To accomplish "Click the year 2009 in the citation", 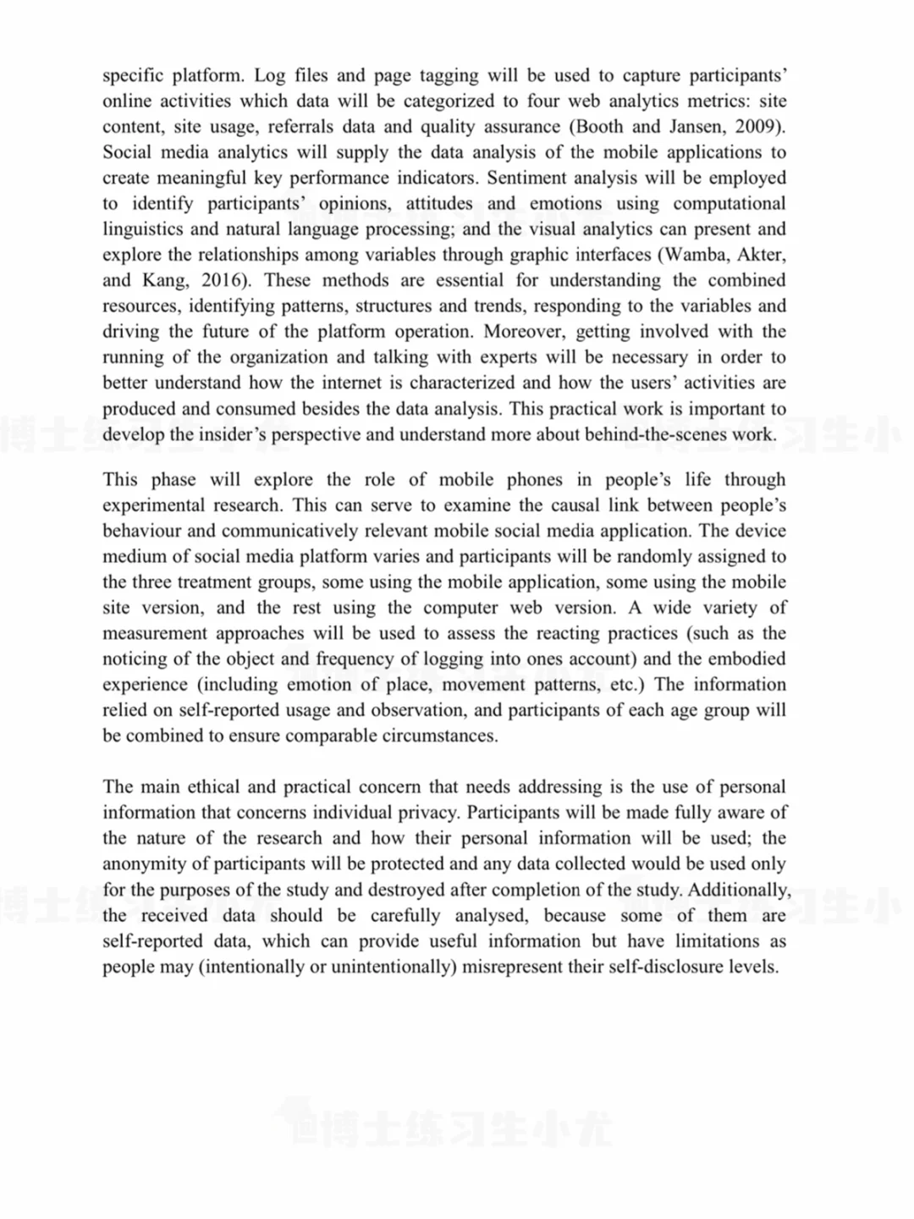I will point(761,127).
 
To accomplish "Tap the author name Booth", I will point(600,127).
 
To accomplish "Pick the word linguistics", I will point(141,229).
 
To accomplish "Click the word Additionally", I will point(738,891).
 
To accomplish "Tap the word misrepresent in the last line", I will point(512,967).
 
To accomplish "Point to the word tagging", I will point(449,76).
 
